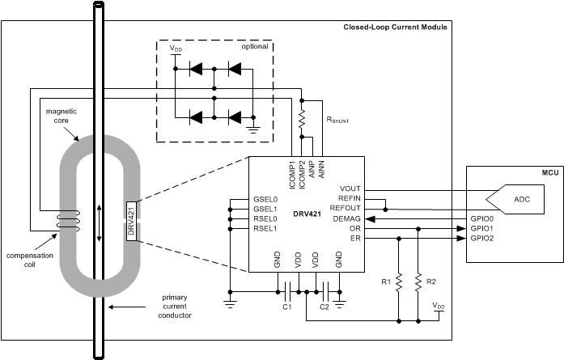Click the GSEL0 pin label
[x=265, y=198]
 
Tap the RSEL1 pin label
[x=265, y=228]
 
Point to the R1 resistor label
[x=387, y=282]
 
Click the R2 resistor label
[x=430, y=282]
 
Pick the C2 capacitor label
[x=324, y=307]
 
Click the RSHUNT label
[x=338, y=119]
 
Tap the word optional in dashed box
[x=254, y=46]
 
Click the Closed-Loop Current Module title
[x=395, y=28]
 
